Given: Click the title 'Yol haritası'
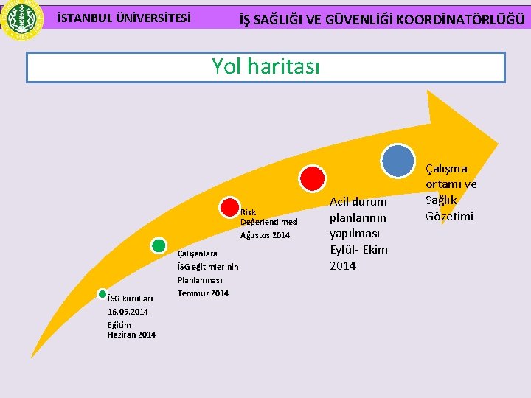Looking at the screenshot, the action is tap(265, 67).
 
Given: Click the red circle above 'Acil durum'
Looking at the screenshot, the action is tap(313, 178).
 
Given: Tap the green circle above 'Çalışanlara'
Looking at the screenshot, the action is tap(158, 246).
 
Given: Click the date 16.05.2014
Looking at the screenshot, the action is tap(128, 312).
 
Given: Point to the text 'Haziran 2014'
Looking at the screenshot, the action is tap(131, 335).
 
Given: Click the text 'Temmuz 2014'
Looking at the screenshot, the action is tap(203, 293).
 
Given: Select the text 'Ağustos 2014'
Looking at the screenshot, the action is tap(265, 235).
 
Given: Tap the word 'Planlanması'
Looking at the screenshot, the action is tap(200, 280).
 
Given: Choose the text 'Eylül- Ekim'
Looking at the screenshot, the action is tap(358, 249).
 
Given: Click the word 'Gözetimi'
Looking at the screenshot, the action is tap(449, 216).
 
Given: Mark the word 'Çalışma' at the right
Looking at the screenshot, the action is tap(446, 168).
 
